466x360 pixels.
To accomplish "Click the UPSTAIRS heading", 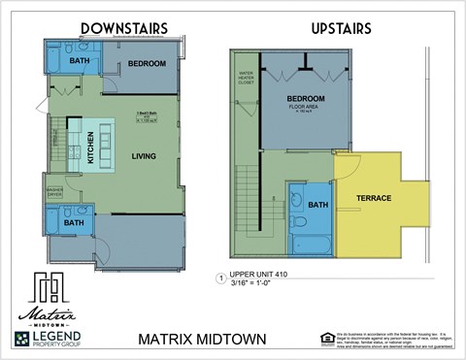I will pyautogui.click(x=341, y=28).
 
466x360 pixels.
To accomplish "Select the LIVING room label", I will pyautogui.click(x=145, y=155).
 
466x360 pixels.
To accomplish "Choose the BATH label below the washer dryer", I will pyautogui.click(x=74, y=223).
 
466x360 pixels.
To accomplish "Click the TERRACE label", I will pyautogui.click(x=373, y=198).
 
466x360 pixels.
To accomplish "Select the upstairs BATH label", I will pyautogui.click(x=318, y=205).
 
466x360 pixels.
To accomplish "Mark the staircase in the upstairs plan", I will pyautogui.click(x=248, y=199).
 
